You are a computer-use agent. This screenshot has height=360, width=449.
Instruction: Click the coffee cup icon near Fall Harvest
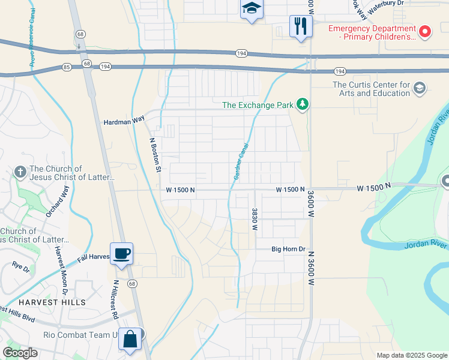121,253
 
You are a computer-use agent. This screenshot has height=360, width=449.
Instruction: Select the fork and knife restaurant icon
300,26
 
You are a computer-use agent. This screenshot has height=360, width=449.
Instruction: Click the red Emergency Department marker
425,32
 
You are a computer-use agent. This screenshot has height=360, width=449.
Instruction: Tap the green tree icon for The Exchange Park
303,105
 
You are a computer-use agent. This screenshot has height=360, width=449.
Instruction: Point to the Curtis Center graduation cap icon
419,89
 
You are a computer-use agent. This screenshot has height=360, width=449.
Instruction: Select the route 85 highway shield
66,67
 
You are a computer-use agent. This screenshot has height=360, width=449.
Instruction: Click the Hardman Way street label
124,119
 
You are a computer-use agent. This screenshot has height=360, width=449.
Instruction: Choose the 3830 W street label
255,219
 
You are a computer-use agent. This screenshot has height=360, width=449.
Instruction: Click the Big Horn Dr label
289,248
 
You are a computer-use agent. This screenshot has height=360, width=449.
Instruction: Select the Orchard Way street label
57,200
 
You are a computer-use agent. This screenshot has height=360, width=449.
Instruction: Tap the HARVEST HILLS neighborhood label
52,302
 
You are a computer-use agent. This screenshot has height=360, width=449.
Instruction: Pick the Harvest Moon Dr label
61,269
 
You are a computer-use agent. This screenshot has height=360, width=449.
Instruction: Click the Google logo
20,352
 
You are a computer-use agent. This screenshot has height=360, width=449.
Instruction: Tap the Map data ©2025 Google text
411,355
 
